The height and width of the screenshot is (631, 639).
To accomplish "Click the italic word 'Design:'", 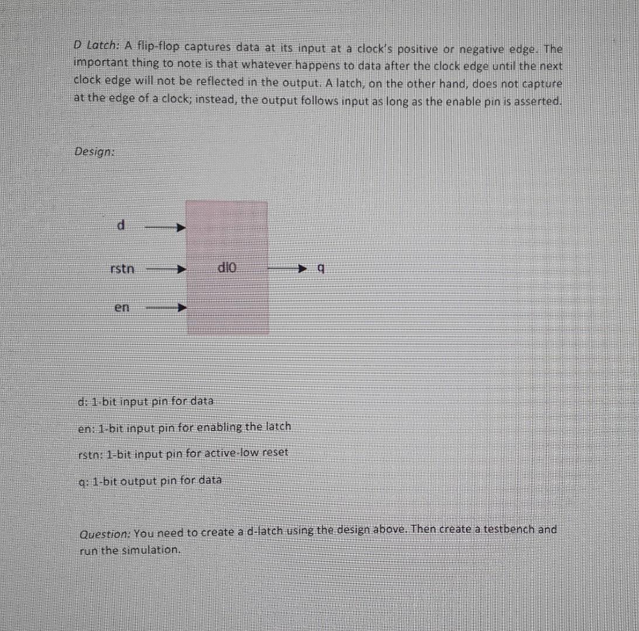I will click(x=94, y=151).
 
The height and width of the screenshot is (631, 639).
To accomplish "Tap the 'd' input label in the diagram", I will click(x=121, y=225).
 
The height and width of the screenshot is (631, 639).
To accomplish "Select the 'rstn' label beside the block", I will click(x=122, y=269).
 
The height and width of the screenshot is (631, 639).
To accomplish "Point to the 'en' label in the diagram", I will click(x=122, y=307).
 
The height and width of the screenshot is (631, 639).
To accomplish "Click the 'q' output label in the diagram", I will click(x=319, y=269).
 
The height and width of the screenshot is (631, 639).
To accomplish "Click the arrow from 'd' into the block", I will click(x=165, y=226).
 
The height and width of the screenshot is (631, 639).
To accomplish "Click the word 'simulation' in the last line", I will click(x=153, y=550).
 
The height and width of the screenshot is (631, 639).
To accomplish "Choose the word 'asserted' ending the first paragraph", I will click(x=538, y=100).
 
